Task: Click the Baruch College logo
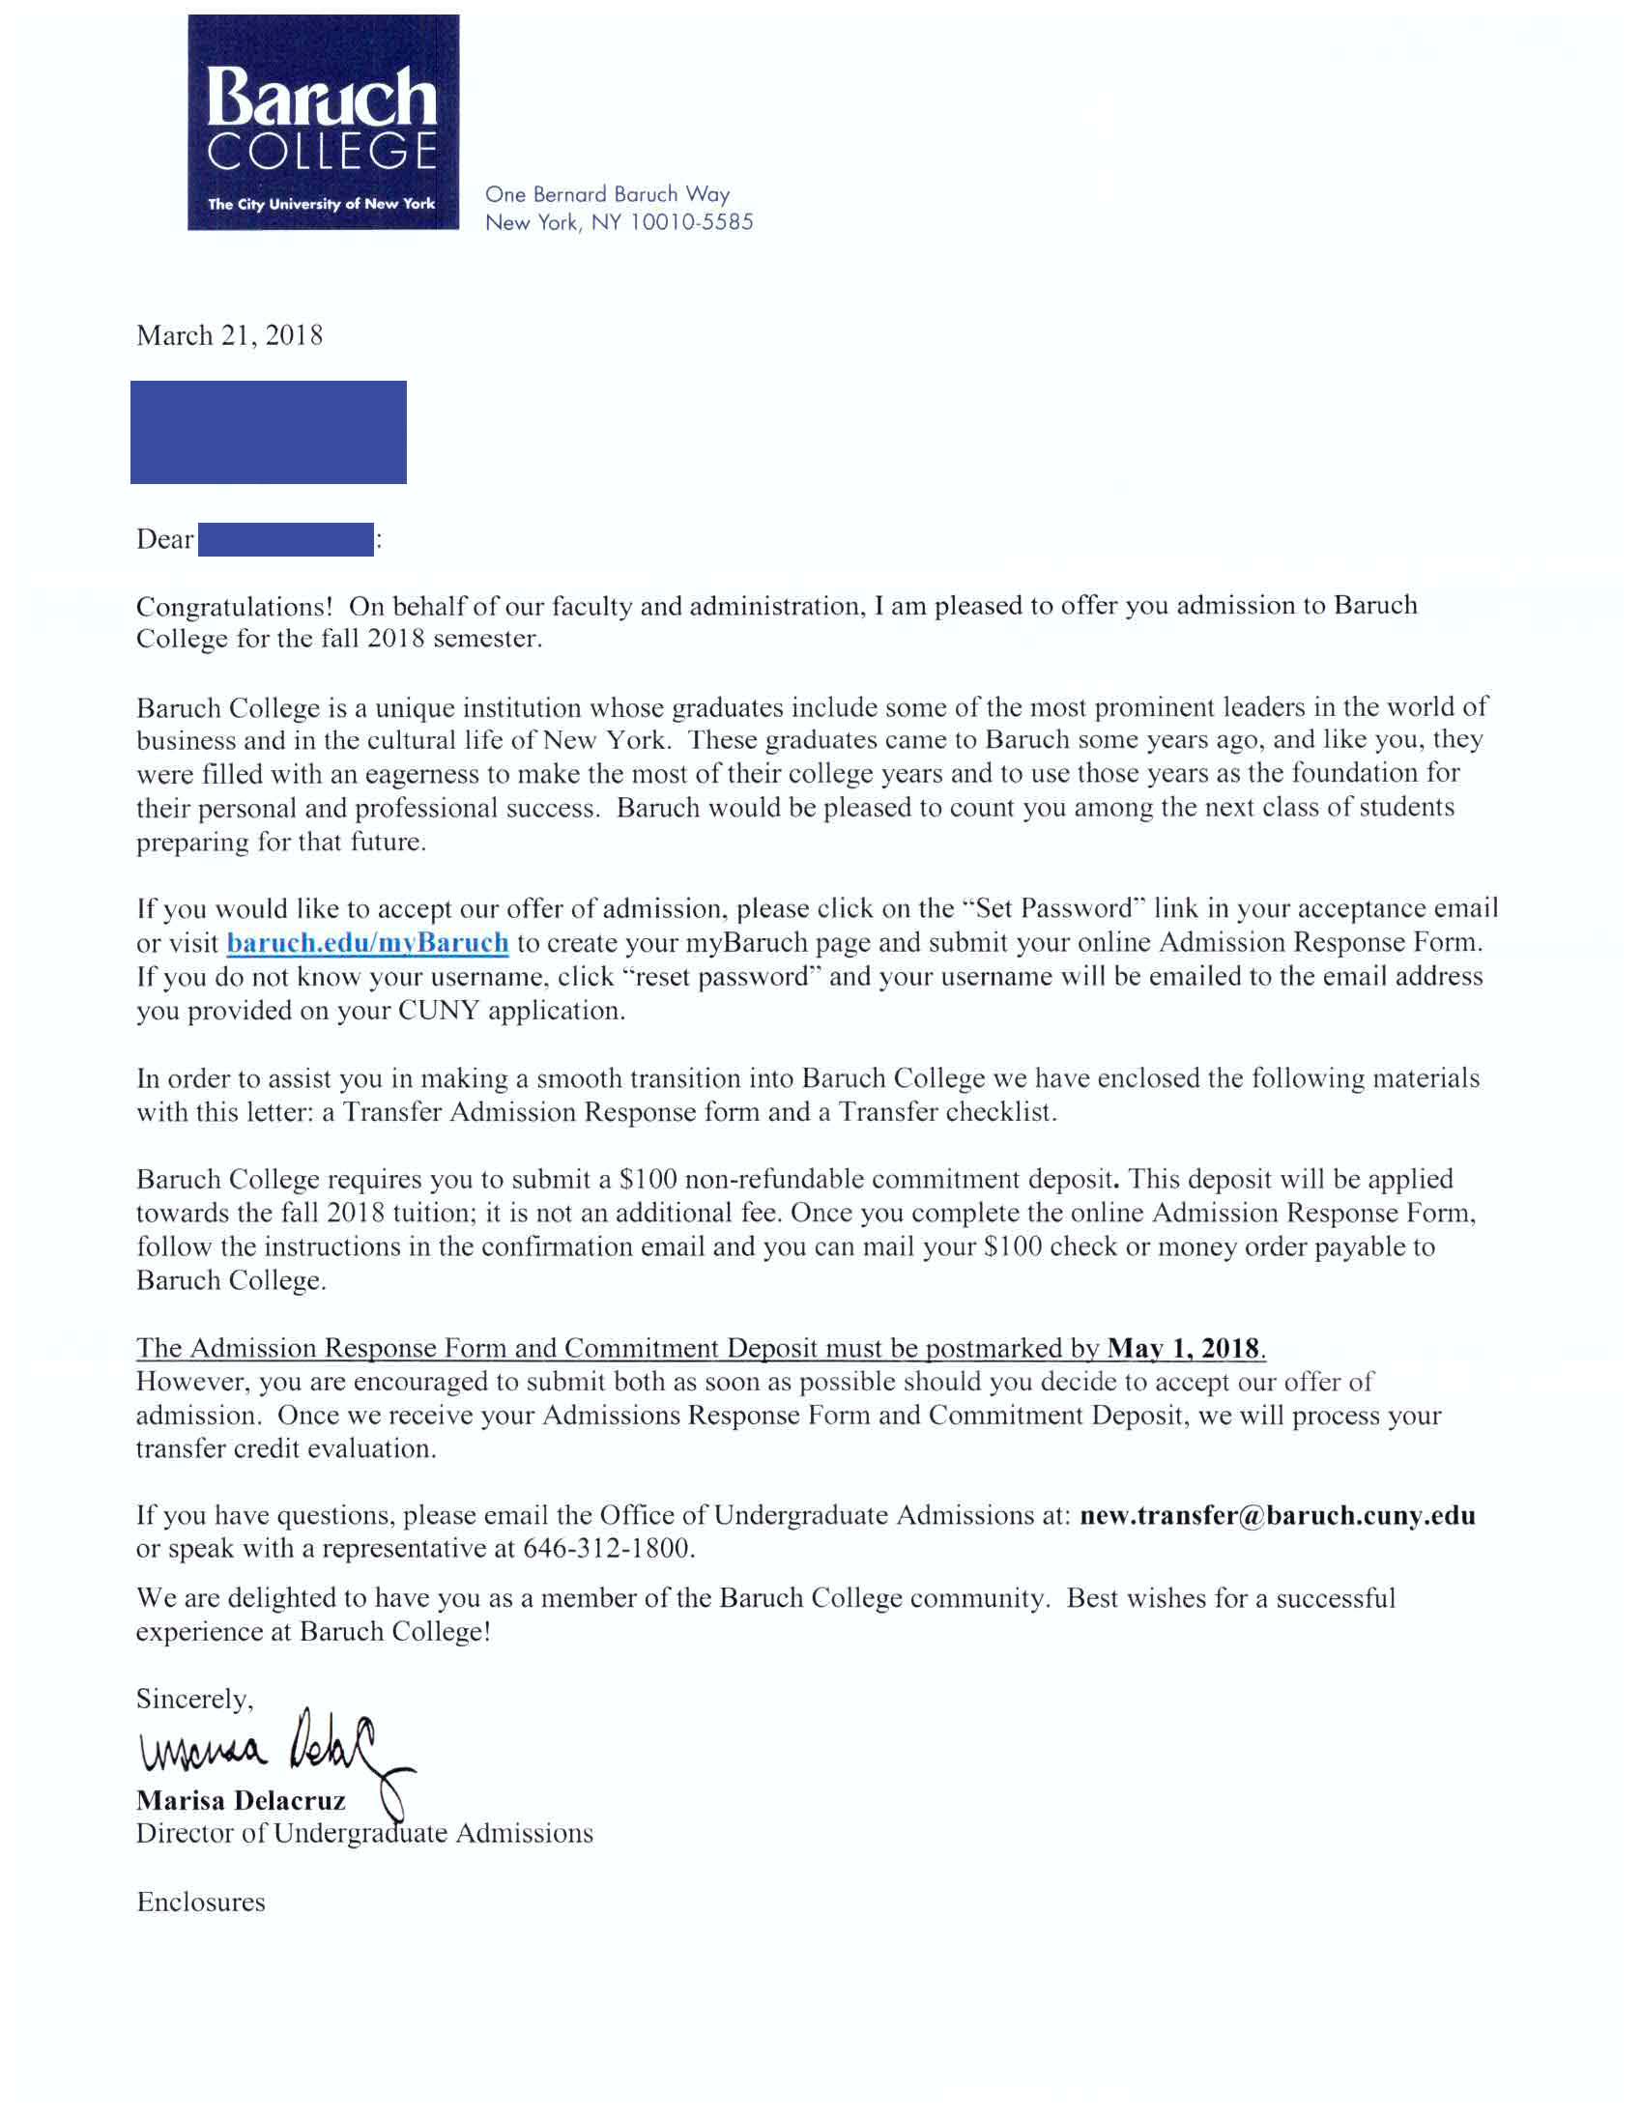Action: click(x=323, y=122)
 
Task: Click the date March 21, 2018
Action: click(x=230, y=335)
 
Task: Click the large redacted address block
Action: click(x=269, y=433)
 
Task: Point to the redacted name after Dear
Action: click(x=285, y=539)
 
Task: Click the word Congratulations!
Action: click(x=235, y=606)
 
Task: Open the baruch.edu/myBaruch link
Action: click(x=367, y=943)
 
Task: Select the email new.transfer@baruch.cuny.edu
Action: click(x=1278, y=1516)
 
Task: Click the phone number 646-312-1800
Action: click(x=608, y=1549)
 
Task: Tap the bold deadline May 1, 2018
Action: click(x=1183, y=1348)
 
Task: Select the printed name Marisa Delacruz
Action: click(x=241, y=1801)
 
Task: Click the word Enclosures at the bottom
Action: click(x=201, y=1902)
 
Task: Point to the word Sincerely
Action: click(x=194, y=1699)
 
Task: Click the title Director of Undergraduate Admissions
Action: click(x=364, y=1834)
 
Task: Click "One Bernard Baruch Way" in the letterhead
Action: click(x=607, y=194)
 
